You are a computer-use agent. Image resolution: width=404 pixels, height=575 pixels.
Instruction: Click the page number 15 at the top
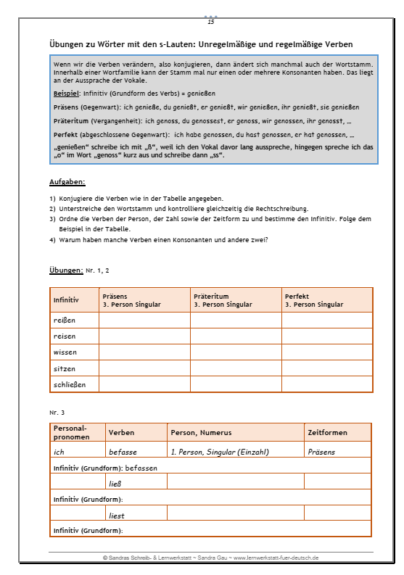[211, 22]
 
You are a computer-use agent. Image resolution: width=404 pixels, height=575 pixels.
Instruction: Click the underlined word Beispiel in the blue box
[67, 94]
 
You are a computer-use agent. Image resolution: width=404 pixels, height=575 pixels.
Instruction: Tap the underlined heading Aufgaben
[67, 182]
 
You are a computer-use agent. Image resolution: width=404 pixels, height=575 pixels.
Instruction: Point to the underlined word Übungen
[66, 270]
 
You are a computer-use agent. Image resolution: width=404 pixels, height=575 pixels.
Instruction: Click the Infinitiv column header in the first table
[65, 299]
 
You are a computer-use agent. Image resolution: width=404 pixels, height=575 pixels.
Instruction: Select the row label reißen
[64, 320]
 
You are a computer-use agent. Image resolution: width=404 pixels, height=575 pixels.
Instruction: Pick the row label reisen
[64, 336]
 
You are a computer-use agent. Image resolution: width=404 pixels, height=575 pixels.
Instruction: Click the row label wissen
[65, 352]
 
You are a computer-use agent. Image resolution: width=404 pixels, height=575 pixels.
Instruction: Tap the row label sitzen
[64, 368]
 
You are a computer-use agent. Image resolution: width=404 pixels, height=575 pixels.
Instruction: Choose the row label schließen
[69, 384]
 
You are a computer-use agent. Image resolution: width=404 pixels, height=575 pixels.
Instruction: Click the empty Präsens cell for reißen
[144, 320]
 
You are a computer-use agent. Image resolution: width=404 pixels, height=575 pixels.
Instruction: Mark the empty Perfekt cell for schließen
[326, 384]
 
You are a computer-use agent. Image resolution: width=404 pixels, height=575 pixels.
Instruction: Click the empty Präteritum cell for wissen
[236, 352]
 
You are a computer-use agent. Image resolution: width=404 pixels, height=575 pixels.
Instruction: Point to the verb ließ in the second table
[115, 481]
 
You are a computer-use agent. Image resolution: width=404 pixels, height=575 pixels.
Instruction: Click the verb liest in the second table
[116, 515]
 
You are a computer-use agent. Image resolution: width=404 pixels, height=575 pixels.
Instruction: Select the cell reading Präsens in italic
[322, 451]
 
